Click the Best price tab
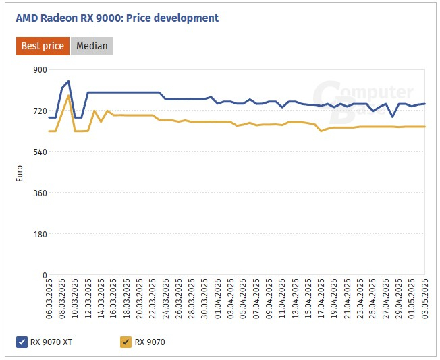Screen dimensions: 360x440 pos(43,46)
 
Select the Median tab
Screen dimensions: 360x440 pos(92,46)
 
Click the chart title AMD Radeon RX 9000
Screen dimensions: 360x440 pos(117,18)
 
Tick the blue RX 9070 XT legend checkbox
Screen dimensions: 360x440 pos(22,342)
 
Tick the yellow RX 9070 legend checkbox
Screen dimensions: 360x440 pos(126,342)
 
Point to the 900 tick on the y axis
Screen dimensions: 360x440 pos(40,69)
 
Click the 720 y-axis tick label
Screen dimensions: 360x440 pos(40,111)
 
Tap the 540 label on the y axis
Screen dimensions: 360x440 pos(40,152)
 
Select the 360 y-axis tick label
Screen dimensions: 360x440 pos(40,193)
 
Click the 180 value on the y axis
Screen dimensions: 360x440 pos(40,234)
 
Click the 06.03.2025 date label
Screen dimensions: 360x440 pos(49,299)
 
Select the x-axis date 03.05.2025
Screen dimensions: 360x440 pos(424,299)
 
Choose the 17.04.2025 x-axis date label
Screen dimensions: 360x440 pos(321,299)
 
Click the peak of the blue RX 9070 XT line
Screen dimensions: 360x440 pos(68,81)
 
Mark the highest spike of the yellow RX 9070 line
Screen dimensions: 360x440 pos(68,96)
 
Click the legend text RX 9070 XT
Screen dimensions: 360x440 pos(51,342)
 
